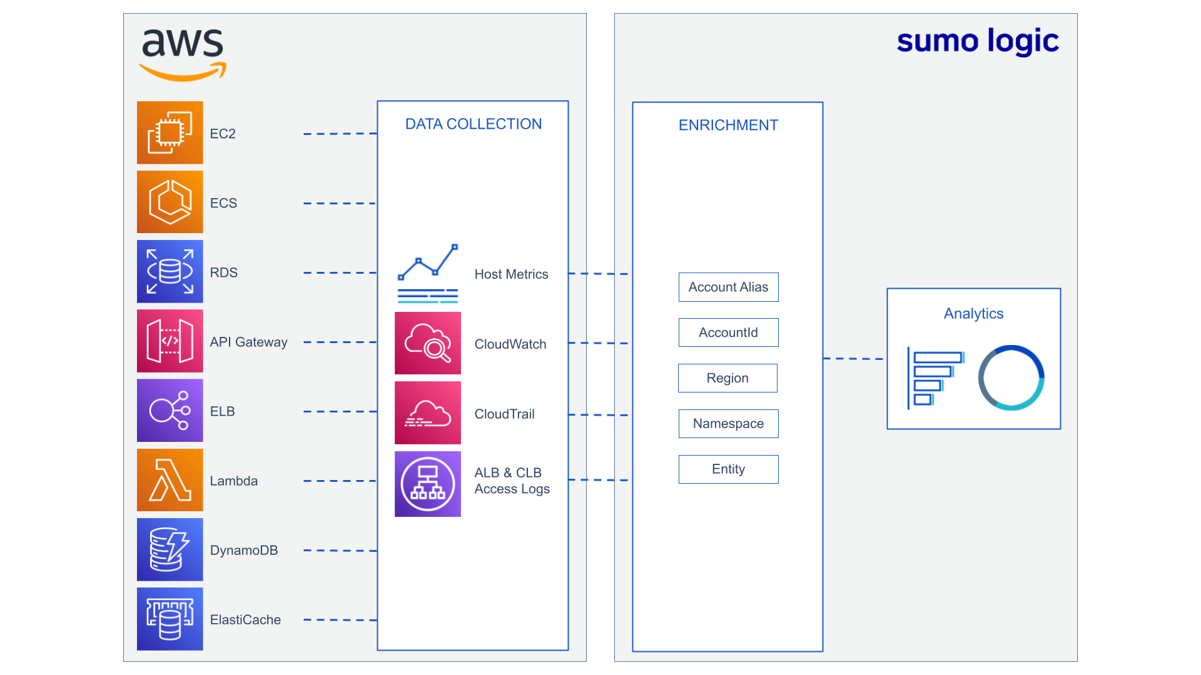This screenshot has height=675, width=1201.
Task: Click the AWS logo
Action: point(182,54)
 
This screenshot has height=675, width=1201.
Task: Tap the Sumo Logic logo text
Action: point(977,41)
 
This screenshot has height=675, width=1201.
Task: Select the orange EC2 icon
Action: point(170,132)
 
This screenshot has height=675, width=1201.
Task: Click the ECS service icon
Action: point(170,202)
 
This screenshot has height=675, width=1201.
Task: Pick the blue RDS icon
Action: point(170,271)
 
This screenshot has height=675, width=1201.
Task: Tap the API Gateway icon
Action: point(170,341)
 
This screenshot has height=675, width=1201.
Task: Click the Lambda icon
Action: point(170,480)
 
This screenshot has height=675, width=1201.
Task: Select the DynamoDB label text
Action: point(244,550)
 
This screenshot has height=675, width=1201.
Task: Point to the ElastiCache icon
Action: point(170,619)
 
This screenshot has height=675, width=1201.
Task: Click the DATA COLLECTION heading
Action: point(473,124)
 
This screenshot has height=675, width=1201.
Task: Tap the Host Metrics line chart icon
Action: point(428,274)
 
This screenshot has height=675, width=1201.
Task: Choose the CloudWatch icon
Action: point(428,343)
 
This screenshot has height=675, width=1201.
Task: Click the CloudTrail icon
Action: point(428,412)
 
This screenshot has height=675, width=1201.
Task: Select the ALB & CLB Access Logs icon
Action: point(428,484)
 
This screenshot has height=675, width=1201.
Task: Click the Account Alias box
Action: point(728,287)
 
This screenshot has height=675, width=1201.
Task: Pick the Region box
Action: point(727,378)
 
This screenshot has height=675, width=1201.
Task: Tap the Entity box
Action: point(728,469)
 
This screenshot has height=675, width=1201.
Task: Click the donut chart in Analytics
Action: point(1011,377)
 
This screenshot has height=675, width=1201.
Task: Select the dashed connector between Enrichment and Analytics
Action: point(854,359)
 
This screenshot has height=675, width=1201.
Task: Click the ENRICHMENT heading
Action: point(728,125)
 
